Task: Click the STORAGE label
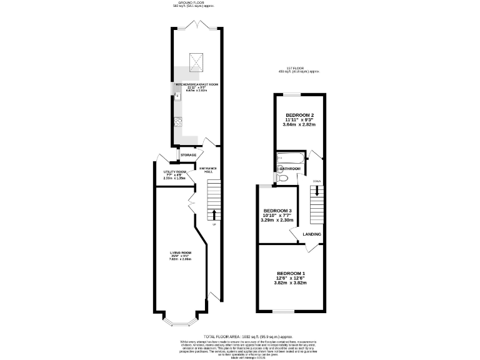tap(189, 155)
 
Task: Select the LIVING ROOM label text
tap(180, 252)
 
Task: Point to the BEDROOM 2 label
tap(299, 115)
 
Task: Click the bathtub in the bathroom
tap(291, 158)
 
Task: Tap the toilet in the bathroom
tap(282, 179)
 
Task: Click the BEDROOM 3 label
tap(277, 211)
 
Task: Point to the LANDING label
tap(312, 234)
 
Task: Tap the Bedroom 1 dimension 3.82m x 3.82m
tap(292, 283)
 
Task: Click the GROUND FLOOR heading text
tap(192, 2)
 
